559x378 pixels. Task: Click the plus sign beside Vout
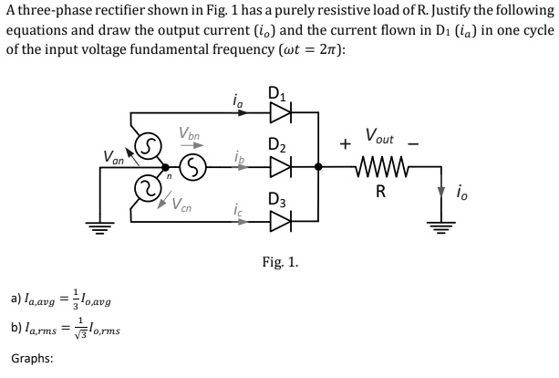(x=346, y=144)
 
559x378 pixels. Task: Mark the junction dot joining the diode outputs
(x=317, y=168)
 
